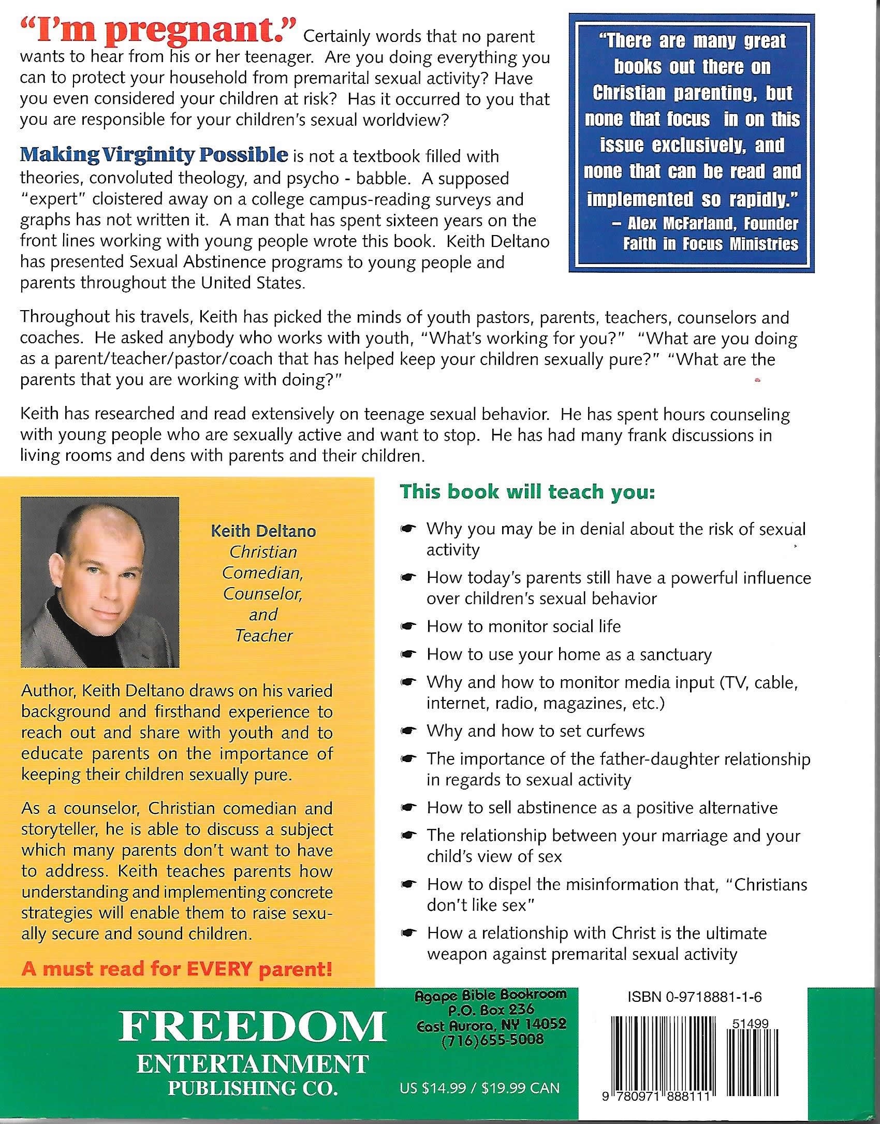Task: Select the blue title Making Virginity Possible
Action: (x=154, y=154)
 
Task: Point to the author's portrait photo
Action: (x=100, y=582)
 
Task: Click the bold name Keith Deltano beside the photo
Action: (x=263, y=531)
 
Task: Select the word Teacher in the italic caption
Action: (x=263, y=635)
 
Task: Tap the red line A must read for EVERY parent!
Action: (x=177, y=969)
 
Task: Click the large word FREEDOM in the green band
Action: (x=252, y=1027)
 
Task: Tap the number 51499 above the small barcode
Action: (x=750, y=1024)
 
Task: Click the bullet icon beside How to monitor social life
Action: (x=408, y=627)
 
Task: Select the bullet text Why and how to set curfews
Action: (x=535, y=731)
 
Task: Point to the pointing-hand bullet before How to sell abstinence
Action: (x=408, y=808)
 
